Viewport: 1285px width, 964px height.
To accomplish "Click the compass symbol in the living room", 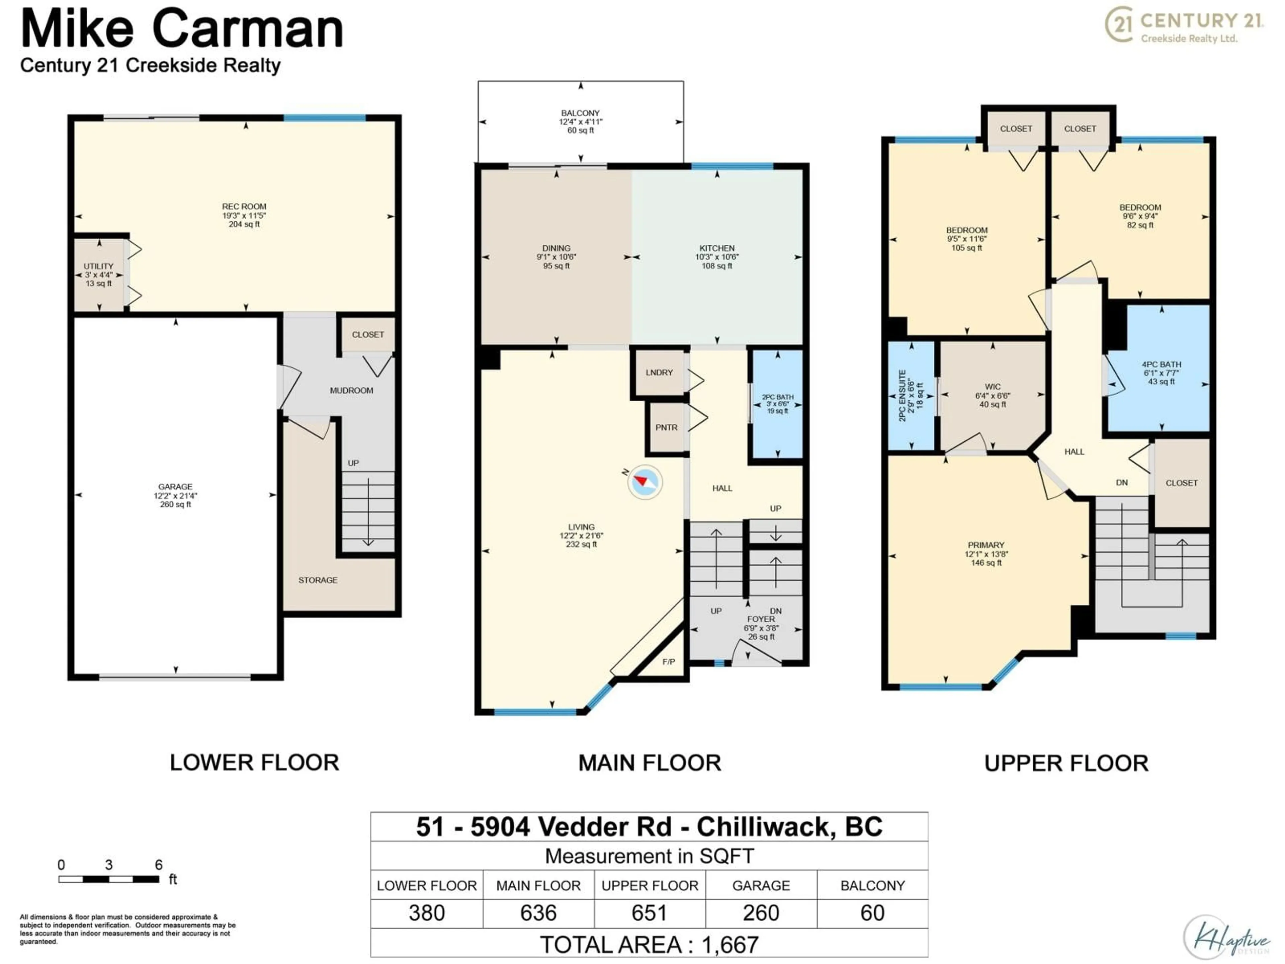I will coord(645,482).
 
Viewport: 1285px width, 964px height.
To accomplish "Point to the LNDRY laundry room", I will coord(659,373).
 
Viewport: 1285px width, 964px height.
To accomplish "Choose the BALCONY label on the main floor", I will coord(580,113).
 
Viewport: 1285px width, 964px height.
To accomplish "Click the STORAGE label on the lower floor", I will coord(318,580).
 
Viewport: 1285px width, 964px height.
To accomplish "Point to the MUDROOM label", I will coord(351,391).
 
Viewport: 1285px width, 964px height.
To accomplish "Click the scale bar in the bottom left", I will coord(109,879).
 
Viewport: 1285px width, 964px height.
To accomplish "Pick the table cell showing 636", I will coord(538,913).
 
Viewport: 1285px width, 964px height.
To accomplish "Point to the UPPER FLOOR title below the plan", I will coord(1066,763).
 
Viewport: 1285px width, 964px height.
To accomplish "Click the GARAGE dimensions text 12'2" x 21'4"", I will coord(175,496).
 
